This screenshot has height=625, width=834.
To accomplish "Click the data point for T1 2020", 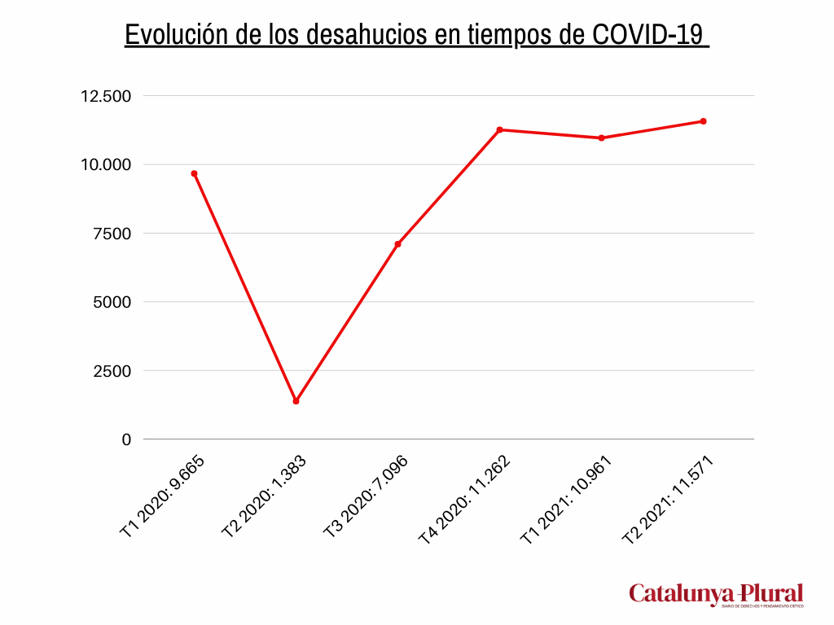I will point(194,173).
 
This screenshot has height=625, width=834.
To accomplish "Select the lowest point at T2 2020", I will point(296,401).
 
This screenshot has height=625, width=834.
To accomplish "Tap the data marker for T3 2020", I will point(397,244).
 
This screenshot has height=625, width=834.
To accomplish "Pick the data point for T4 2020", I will point(499,129).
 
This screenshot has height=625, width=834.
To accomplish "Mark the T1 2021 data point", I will point(601,138).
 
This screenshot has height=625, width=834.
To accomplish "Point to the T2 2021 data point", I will point(703,121).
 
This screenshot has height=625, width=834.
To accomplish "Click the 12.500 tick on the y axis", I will point(105,96).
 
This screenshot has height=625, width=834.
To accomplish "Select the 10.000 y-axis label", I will point(105,164).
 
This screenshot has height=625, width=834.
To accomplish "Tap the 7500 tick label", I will point(111,234).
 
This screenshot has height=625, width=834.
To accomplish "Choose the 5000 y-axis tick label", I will point(111,302).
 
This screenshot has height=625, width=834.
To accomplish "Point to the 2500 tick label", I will point(111,370).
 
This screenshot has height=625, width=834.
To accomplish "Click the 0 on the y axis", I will point(126,439).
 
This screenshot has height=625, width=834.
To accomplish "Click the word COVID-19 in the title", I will point(647,35).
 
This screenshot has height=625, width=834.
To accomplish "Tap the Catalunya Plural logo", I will point(716,595).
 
